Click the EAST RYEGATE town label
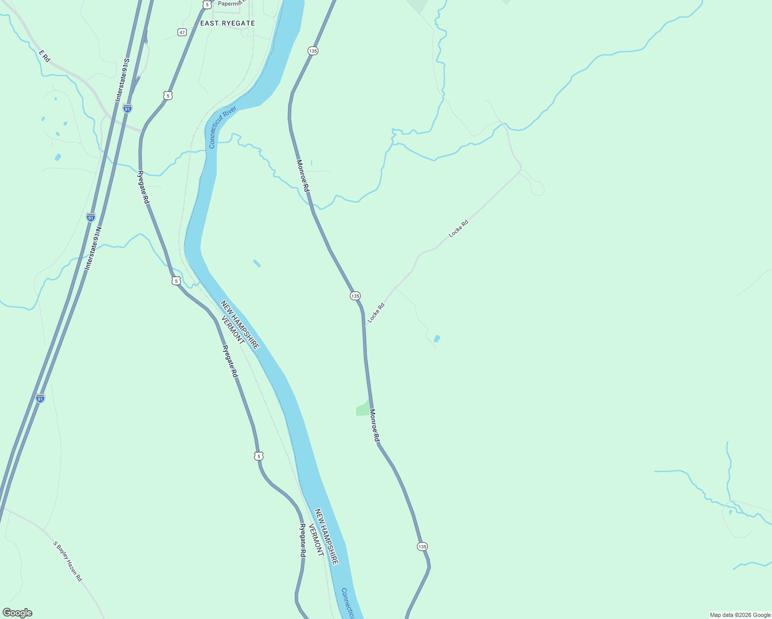(228, 23)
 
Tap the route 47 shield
(182, 32)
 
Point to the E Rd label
(44, 56)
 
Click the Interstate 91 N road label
(93, 248)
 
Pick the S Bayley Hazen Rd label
(68, 561)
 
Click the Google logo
(17, 613)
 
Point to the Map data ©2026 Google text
(740, 615)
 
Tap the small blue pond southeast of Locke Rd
(437, 339)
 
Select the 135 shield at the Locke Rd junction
(355, 296)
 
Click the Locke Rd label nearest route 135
(376, 314)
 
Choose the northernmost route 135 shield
(313, 51)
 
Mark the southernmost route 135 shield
(422, 546)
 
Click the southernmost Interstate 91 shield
(40, 398)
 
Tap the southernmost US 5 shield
(259, 456)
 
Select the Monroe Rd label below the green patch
(375, 426)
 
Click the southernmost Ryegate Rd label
(303, 540)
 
